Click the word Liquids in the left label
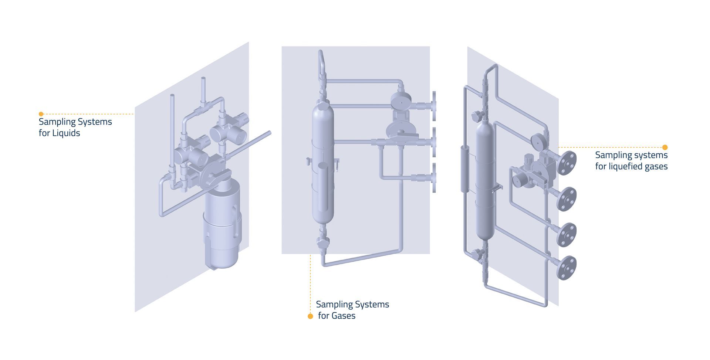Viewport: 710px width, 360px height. [65, 133]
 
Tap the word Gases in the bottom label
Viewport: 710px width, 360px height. [343, 316]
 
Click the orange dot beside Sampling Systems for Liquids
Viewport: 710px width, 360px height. [41, 114]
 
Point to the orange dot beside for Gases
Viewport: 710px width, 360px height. [310, 316]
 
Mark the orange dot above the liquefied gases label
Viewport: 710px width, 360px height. [665, 147]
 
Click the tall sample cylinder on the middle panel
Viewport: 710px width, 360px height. [323, 164]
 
